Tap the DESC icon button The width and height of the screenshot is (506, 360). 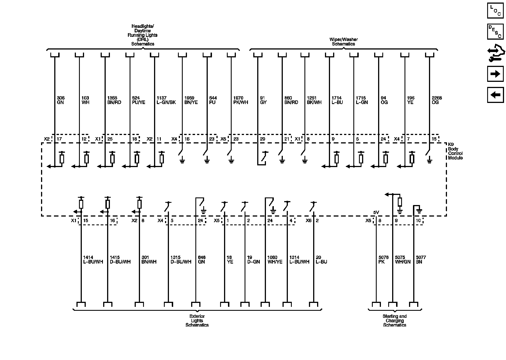495,32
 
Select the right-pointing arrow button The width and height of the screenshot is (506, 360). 495,74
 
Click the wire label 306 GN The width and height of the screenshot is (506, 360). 60,100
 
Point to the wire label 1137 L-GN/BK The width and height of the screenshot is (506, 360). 166,100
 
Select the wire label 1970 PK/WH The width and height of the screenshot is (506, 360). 241,100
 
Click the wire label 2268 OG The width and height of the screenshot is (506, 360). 437,100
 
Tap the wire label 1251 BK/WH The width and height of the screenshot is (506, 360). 314,100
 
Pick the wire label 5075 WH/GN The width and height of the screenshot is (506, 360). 403,260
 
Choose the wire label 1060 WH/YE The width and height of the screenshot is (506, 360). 275,260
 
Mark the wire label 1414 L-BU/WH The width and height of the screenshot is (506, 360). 93,260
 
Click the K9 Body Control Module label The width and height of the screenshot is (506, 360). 455,151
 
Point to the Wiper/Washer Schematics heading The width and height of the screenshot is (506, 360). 343,42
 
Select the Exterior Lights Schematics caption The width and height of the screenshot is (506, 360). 197,321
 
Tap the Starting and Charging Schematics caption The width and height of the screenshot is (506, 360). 394,321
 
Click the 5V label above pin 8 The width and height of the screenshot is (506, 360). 376,212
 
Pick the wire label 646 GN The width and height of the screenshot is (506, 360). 202,260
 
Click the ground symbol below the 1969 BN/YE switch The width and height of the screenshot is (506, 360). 182,161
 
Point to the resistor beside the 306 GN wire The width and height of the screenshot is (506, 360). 62,159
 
